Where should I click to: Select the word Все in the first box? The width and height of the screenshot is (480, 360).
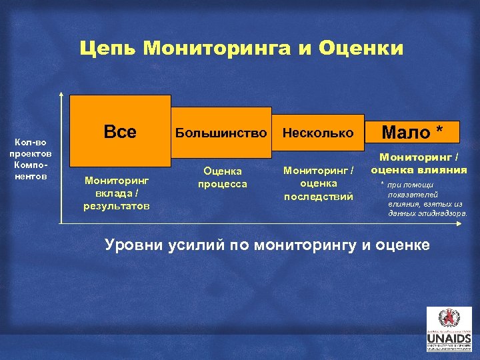[120, 132]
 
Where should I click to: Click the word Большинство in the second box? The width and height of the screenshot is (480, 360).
[221, 133]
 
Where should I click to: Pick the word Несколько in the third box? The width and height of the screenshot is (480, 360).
[318, 133]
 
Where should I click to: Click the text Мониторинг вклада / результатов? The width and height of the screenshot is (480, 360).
[117, 193]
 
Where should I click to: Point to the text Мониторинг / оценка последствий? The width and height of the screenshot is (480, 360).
[318, 183]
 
